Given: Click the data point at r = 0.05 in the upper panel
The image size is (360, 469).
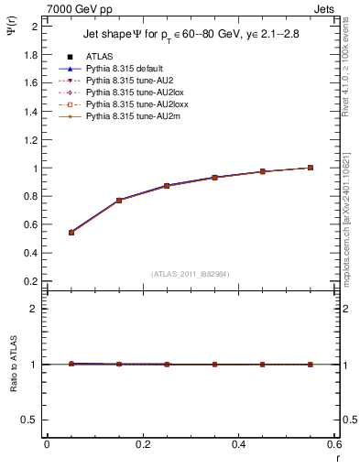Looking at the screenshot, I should (x=71, y=233).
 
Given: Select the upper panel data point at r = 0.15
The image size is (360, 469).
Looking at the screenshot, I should (x=118, y=200).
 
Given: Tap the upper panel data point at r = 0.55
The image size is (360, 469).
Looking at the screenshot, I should (x=311, y=168).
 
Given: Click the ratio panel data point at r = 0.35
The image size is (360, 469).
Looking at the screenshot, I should (x=214, y=365).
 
